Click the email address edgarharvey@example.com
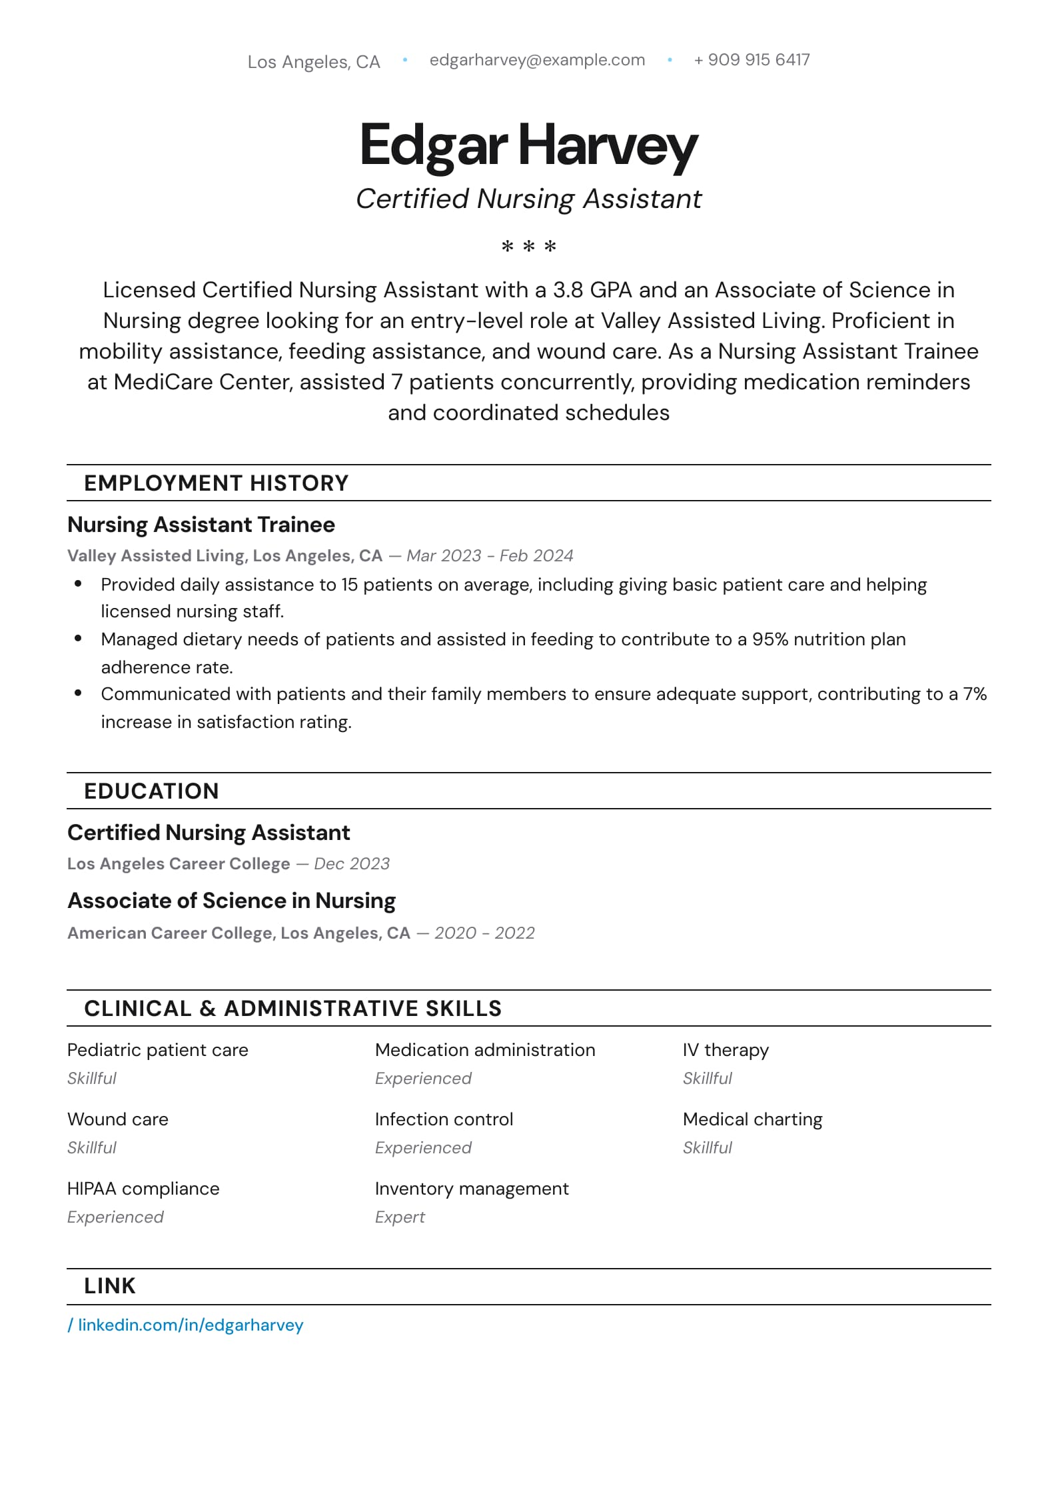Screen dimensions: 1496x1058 (x=537, y=60)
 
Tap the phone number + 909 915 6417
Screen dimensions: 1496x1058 (x=752, y=60)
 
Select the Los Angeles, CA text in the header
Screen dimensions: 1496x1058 (x=314, y=62)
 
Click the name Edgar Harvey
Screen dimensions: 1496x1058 (x=528, y=145)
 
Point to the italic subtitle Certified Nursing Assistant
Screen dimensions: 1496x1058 (x=528, y=199)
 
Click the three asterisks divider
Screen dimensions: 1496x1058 (x=528, y=247)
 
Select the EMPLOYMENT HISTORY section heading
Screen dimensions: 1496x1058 (x=216, y=483)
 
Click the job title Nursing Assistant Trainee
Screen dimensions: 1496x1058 (x=201, y=525)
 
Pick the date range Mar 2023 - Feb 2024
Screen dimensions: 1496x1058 (x=490, y=555)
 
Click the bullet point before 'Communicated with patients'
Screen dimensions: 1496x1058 (x=78, y=693)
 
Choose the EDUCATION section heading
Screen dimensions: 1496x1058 (x=151, y=791)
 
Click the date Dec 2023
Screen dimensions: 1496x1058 (x=352, y=863)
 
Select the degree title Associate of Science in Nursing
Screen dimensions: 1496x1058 (x=232, y=901)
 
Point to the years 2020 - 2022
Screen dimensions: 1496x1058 (x=484, y=933)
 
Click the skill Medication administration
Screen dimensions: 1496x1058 (x=485, y=1050)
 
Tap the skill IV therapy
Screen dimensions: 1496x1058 (x=726, y=1050)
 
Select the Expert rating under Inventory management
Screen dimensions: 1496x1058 (x=400, y=1217)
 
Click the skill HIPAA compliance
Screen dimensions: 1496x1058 (x=143, y=1189)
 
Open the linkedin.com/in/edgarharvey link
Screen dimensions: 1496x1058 (x=191, y=1325)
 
